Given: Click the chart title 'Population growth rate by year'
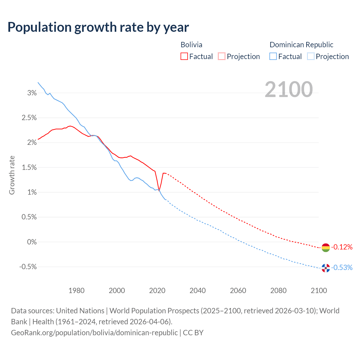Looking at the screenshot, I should pos(98,27).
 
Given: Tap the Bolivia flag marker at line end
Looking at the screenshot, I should pos(325,247).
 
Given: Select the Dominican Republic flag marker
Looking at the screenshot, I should pos(325,268).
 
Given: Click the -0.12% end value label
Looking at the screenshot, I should pos(342,247).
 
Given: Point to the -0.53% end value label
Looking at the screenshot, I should pos(342,267).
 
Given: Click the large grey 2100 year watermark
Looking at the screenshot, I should pos(289,89).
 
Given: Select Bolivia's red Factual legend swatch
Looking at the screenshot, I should pos(184,57).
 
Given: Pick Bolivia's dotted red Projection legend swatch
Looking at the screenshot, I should pos(222,57).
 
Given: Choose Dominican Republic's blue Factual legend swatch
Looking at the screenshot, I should pos(273,57).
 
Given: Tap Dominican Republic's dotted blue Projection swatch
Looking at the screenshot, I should pos(310,57).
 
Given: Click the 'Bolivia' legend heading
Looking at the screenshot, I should pos(191,45).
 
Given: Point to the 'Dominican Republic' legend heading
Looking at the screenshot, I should pos(301,45).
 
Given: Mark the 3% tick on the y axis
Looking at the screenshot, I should pos(32,93).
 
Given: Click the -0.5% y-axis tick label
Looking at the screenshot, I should pos(28,267).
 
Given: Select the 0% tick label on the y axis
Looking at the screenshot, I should pos(32,242).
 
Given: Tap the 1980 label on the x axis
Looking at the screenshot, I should pos(76,291).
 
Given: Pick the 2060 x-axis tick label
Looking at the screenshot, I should pos(238,291).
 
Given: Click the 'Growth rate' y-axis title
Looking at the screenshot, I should pos(12,175).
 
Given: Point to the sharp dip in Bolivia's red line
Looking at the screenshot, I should pos(159,190).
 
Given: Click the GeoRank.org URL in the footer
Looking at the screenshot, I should pos(94,333).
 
